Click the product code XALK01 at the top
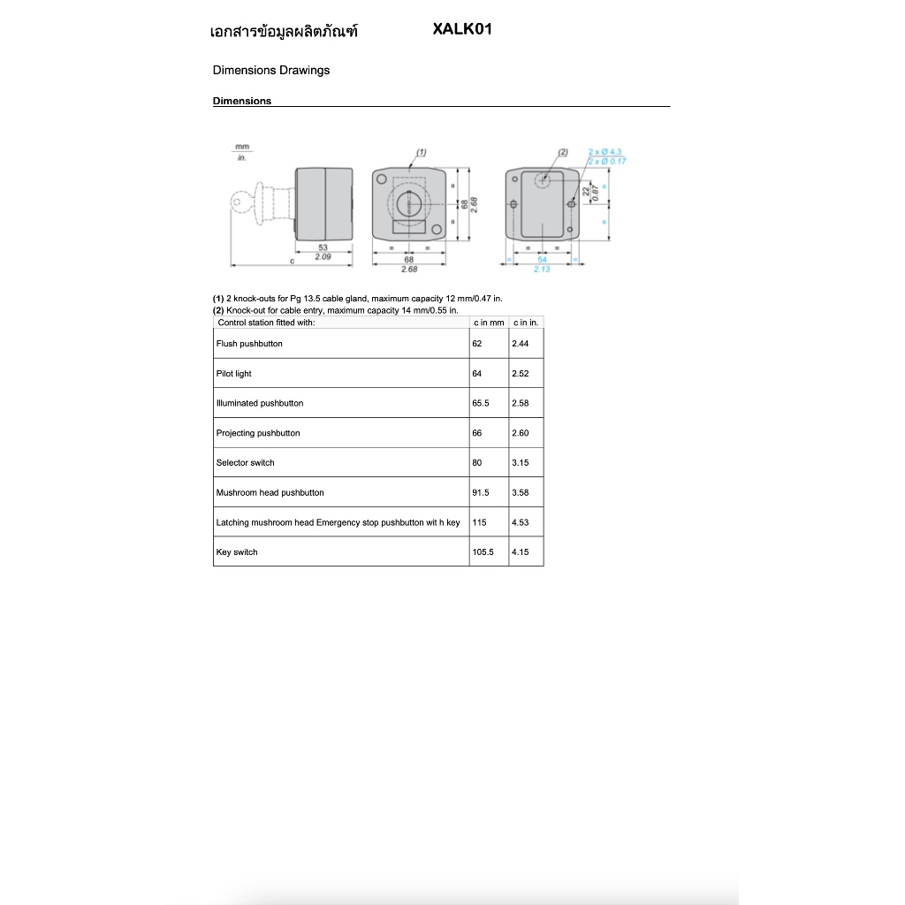(462, 29)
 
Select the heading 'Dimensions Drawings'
(271, 71)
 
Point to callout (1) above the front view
(422, 153)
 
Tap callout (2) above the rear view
(563, 153)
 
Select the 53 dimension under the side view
(323, 247)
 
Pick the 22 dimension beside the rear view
(586, 191)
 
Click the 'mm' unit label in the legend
(241, 147)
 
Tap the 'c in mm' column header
(489, 323)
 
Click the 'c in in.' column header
(526, 323)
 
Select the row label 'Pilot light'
(234, 374)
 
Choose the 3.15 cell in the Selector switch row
(521, 463)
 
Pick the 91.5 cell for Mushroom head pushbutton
(482, 493)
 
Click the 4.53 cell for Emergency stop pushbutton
(521, 522)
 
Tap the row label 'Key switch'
(237, 552)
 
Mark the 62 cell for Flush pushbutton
(478, 344)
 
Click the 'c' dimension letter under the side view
(292, 261)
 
